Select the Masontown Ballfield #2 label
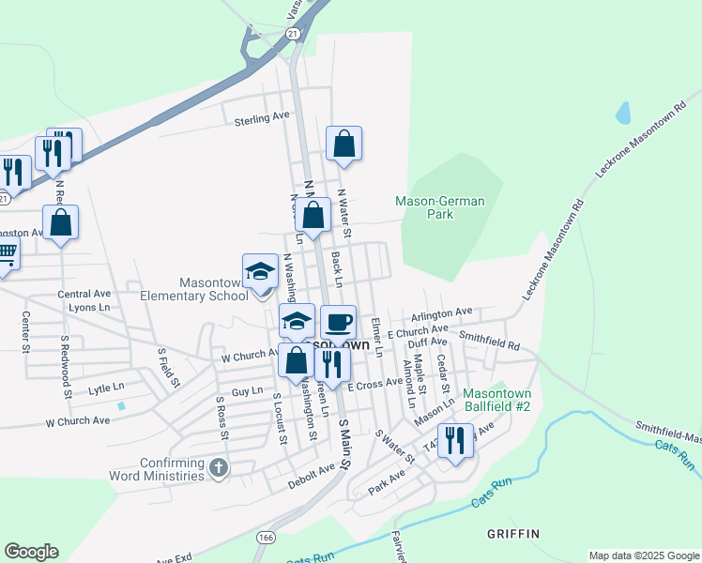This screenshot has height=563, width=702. (497, 400)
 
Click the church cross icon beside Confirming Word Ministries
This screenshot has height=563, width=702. (219, 467)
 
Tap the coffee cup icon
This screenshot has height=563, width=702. (339, 323)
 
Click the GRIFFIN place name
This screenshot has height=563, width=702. (513, 534)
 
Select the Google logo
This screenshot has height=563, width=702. (31, 552)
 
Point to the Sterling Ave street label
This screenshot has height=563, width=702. (262, 118)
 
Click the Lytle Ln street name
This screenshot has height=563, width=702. (106, 388)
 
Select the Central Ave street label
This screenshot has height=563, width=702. (84, 294)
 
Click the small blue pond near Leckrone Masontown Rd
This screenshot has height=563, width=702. (623, 114)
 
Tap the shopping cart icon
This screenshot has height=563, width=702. (6, 252)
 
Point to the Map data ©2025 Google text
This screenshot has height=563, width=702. (643, 555)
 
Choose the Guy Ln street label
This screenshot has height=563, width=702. (247, 389)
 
